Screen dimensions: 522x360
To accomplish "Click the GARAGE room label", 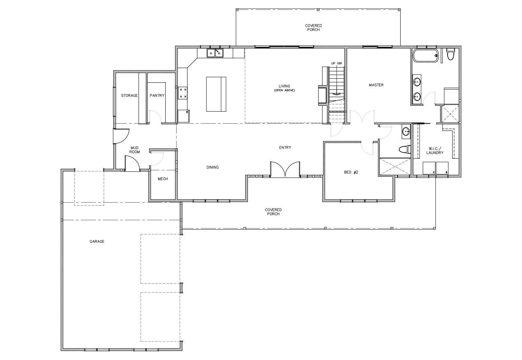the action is [97, 242].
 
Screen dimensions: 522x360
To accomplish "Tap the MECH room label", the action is [163, 179].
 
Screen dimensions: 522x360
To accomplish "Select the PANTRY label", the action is [157, 96].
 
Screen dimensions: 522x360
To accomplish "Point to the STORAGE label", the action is [129, 96].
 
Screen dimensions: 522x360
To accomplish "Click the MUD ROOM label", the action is [135, 150].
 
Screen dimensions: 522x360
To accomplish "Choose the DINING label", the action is [212, 167].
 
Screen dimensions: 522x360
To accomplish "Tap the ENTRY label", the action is [285, 147].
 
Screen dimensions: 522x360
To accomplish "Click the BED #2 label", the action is [351, 172].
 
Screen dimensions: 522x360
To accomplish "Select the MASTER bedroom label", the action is [376, 85].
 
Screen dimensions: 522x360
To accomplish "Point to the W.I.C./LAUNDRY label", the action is [435, 151].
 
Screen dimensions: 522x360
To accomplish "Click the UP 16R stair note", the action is [336, 63].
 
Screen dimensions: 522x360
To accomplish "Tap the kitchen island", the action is [216, 94].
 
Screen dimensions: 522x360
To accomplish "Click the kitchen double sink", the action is [215, 53].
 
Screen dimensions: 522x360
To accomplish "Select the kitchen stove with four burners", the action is [183, 93].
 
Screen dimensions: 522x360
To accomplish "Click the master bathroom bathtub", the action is [425, 56].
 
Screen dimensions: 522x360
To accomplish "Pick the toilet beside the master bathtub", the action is [451, 54].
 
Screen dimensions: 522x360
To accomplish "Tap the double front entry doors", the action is [285, 169].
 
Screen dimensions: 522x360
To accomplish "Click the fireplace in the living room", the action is [323, 96].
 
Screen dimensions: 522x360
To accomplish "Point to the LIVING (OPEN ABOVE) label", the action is [284, 88].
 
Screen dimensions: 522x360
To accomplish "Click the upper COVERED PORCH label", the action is [314, 28].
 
